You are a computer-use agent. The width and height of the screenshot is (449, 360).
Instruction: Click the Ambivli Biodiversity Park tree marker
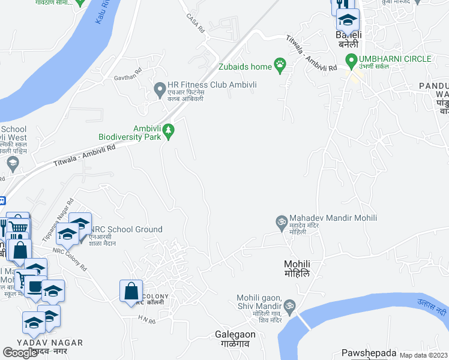coord(169,130)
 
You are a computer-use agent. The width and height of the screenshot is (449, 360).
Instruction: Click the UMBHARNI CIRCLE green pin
coord(351,59)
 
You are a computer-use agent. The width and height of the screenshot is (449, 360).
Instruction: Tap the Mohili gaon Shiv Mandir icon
coord(289,306)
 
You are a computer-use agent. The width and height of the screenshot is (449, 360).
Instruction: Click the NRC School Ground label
coord(126,229)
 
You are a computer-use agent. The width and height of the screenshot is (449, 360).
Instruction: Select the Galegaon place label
coord(235,334)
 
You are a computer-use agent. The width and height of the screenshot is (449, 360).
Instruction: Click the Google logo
coord(20,352)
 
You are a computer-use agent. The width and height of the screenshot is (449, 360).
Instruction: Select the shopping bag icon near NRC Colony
coord(131,292)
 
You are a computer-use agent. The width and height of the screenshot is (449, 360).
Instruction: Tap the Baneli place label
coord(348,35)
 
